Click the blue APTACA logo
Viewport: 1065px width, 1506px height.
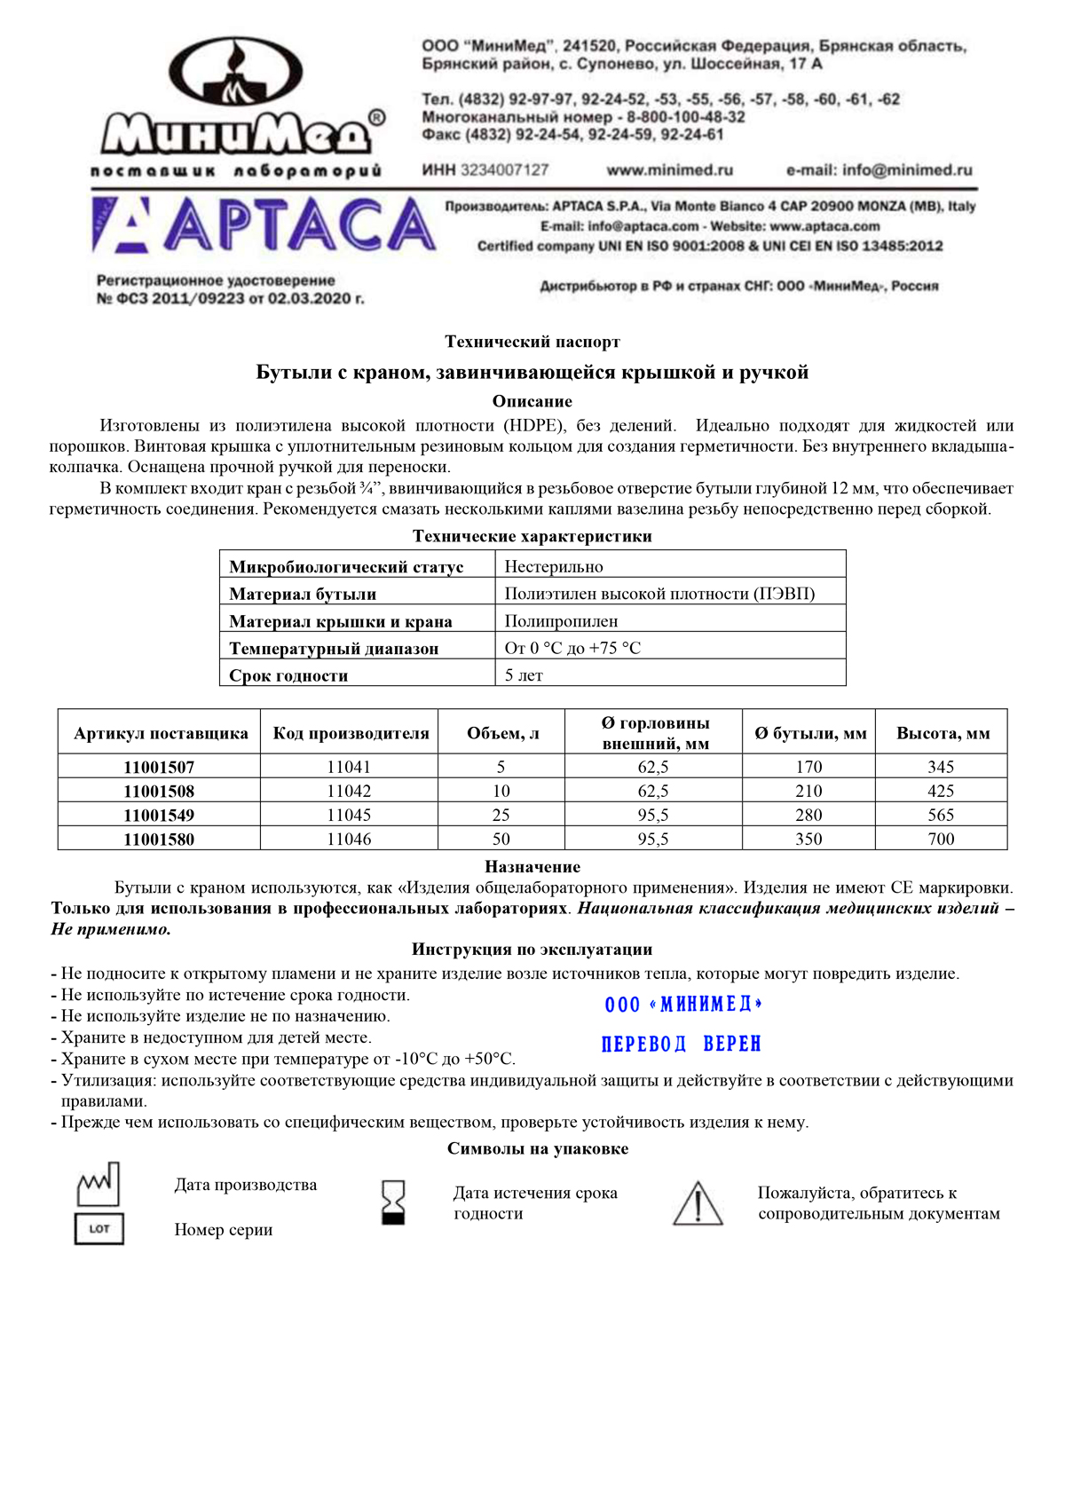(264, 225)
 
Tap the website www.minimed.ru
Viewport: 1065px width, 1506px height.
(669, 170)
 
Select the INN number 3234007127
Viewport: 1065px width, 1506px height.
(485, 170)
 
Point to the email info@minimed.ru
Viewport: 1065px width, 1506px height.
(879, 170)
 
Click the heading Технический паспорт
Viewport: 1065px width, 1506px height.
(532, 342)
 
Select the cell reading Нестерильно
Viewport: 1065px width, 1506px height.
(554, 566)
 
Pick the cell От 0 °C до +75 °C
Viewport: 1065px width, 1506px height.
(572, 648)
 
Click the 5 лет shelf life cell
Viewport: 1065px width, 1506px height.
(524, 675)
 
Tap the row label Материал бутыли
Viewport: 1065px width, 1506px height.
(303, 594)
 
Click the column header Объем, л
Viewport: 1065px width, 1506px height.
(502, 733)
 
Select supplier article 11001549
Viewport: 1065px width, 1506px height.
(159, 815)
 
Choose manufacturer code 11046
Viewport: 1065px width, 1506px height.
(349, 839)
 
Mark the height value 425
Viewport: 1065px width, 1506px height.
(941, 791)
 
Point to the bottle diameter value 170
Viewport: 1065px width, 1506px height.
(809, 767)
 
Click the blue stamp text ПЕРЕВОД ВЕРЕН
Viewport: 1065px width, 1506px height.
(681, 1044)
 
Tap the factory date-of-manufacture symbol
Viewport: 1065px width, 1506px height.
(98, 1184)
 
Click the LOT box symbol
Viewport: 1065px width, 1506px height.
(99, 1229)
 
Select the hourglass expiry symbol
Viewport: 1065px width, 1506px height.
(392, 1202)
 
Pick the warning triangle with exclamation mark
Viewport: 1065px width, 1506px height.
(698, 1203)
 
